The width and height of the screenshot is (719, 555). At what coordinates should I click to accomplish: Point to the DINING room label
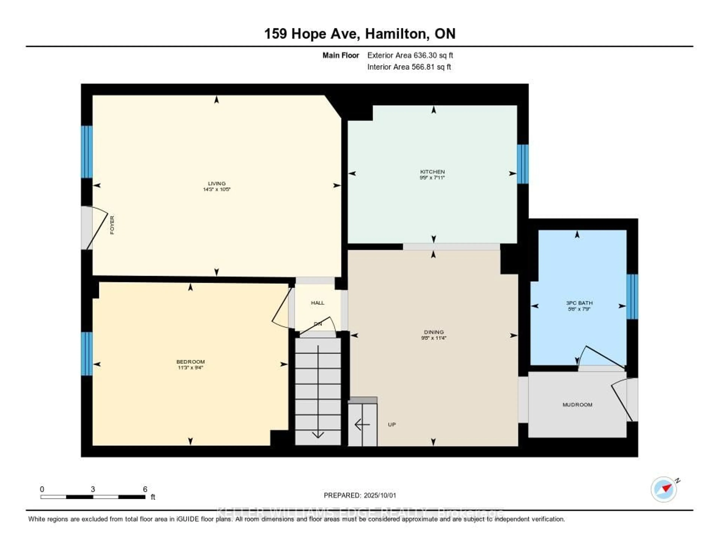[434, 332]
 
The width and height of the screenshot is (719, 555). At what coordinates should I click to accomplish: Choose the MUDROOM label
[577, 405]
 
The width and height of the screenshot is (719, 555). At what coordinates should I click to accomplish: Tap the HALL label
[317, 303]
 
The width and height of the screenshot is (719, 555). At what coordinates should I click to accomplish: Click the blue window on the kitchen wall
[522, 164]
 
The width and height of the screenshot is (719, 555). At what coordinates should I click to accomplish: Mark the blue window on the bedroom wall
[87, 354]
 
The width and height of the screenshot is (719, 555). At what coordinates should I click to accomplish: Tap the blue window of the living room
[87, 152]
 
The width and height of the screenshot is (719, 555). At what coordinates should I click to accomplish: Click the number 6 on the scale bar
[145, 489]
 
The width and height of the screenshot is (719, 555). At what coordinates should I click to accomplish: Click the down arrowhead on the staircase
[318, 435]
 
